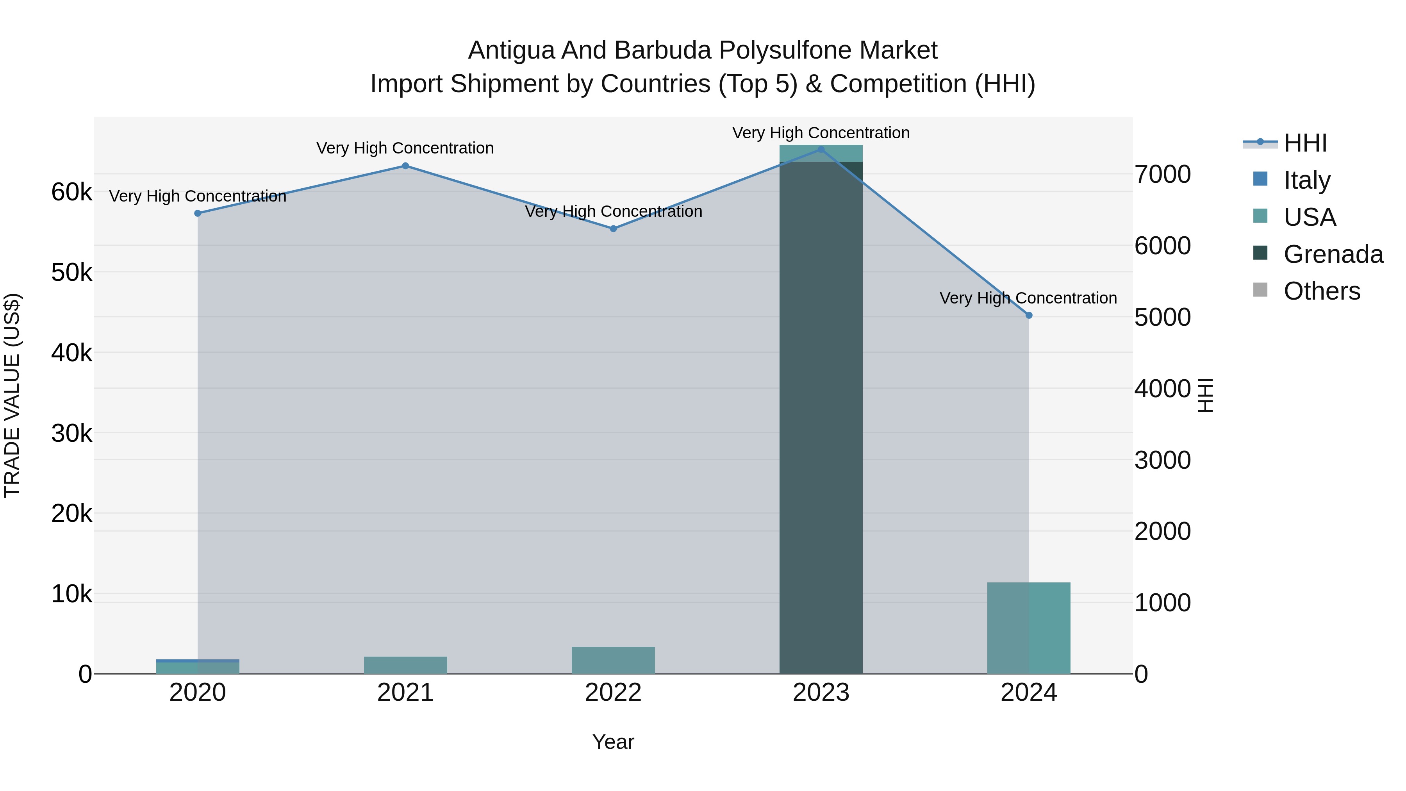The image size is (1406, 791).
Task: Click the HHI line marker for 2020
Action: point(198,213)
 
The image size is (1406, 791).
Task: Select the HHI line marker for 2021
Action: point(405,166)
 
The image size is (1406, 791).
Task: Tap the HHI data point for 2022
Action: point(613,229)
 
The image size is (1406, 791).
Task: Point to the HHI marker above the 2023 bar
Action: point(821,150)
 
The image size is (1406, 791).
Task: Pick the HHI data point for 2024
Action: point(1029,316)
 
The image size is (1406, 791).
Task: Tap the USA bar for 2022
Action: point(613,661)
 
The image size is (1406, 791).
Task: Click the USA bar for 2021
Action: point(405,666)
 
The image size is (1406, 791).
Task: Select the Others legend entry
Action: point(1321,291)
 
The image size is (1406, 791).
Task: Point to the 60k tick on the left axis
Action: point(71,192)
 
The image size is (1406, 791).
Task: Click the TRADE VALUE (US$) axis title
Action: point(12,395)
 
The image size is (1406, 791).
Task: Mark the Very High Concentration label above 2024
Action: point(1028,298)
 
